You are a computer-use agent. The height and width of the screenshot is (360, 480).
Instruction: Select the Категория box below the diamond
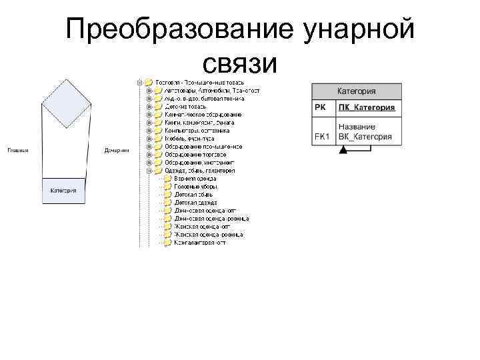click(64, 190)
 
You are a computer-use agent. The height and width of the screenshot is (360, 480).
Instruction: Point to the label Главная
click(18, 150)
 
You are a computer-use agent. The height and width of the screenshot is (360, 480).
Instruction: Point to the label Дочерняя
click(117, 150)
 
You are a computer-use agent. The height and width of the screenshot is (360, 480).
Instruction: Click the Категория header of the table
click(356, 91)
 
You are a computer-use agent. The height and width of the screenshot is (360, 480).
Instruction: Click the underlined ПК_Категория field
click(366, 107)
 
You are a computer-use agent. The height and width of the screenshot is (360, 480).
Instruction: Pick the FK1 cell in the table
click(322, 137)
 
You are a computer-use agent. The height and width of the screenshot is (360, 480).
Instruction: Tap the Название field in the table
click(357, 127)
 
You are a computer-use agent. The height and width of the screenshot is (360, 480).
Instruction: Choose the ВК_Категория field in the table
click(365, 137)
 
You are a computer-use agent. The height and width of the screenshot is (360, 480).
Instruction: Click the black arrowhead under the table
click(343, 151)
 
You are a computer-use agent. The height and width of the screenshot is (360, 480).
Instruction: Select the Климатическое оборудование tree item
click(203, 115)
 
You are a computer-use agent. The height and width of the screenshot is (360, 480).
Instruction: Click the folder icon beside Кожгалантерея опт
click(168, 243)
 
